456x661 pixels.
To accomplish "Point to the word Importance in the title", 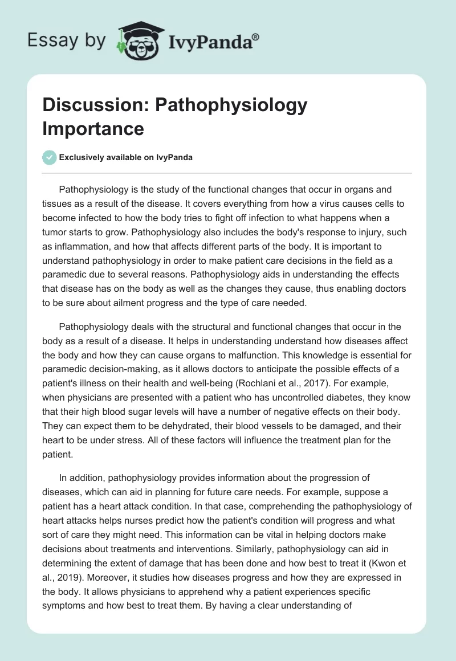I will coord(93,128).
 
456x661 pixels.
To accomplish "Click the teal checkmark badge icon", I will coord(49,157).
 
